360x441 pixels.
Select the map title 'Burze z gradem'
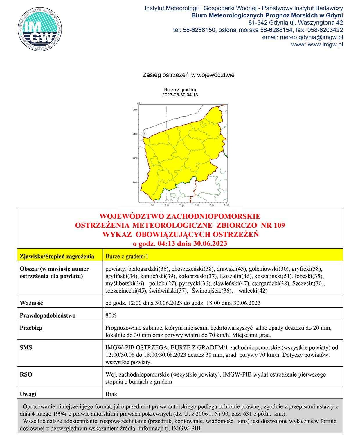[x=180, y=90]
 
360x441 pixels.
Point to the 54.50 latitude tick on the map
[x=135, y=110]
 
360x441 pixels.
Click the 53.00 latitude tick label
[x=135, y=182]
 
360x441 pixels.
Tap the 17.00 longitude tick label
[x=226, y=205]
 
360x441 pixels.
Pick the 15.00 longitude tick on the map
[x=167, y=205]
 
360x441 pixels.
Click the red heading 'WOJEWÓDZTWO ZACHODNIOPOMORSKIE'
[x=180, y=216]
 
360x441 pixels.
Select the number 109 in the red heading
[x=277, y=225]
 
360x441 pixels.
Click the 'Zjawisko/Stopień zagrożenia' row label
[x=57, y=256]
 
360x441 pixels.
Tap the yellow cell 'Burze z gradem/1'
[x=127, y=256]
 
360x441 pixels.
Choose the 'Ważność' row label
[x=31, y=303]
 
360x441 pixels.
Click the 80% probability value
[x=111, y=315]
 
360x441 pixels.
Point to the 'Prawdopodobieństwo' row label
[x=48, y=315]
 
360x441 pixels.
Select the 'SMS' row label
[x=26, y=347]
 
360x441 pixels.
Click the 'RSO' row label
[x=26, y=374]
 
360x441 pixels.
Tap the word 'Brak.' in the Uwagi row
[x=112, y=394]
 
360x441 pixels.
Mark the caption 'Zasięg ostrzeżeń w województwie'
[x=188, y=75]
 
